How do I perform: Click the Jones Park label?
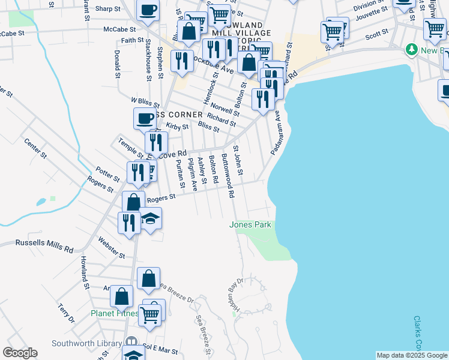[x=250, y=225]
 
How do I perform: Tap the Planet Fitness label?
[x=114, y=313]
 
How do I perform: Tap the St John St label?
[x=238, y=161]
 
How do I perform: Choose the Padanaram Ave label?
[x=277, y=133]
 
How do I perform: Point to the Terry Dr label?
[x=66, y=313]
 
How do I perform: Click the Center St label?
[x=35, y=148]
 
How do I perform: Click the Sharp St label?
[x=108, y=9]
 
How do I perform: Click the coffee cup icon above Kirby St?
[x=144, y=118]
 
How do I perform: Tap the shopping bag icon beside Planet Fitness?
[x=121, y=296]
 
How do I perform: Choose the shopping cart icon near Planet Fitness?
[x=150, y=313]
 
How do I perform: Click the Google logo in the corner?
[x=19, y=353]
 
